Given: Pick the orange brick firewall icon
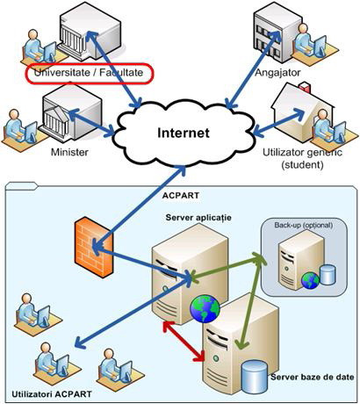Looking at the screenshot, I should pos(89,240).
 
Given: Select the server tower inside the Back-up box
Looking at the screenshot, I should pos(292,262).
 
